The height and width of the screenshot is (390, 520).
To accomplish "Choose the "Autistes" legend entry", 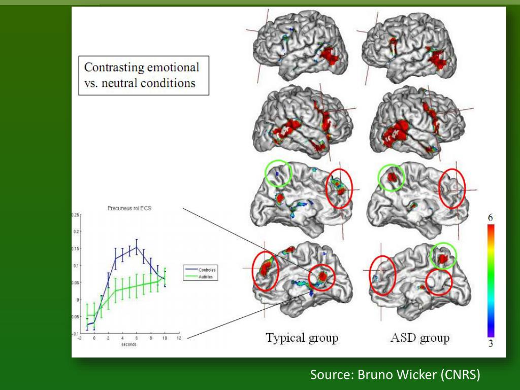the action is [x=206, y=277].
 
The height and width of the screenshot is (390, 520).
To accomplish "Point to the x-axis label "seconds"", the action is [x=128, y=344].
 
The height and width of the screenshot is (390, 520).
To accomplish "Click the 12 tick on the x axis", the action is [x=179, y=338].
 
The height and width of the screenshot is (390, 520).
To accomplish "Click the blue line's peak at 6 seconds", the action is [x=137, y=247].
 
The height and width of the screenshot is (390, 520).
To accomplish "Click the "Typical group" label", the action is [x=302, y=338].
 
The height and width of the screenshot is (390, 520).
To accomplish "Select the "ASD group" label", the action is [x=419, y=338].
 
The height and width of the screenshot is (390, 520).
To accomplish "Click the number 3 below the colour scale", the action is [x=491, y=344].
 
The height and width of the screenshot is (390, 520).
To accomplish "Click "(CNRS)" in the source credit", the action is [x=460, y=375].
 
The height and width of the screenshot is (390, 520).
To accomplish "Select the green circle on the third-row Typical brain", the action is [x=278, y=174].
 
